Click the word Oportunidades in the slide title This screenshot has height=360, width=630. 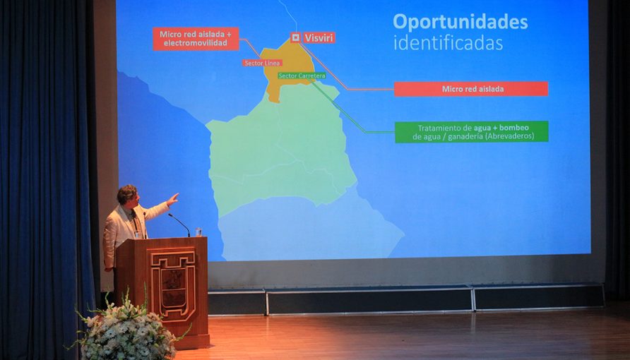point(460,23)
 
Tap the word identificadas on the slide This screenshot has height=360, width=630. point(448,43)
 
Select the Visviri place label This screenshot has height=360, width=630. point(319,37)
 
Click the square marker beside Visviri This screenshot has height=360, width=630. point(296,37)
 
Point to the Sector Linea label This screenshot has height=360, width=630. point(262,63)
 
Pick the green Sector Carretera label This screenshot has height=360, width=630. point(302,76)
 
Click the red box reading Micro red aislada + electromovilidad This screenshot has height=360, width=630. point(196,39)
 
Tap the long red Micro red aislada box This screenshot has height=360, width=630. point(471,89)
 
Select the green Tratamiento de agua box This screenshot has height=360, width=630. point(471,132)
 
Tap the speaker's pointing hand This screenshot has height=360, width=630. point(173,198)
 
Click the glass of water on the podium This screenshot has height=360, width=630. point(198,232)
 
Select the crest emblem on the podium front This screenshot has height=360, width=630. point(173,284)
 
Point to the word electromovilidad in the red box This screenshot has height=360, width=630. point(196,43)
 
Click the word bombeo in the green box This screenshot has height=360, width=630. point(514,128)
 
